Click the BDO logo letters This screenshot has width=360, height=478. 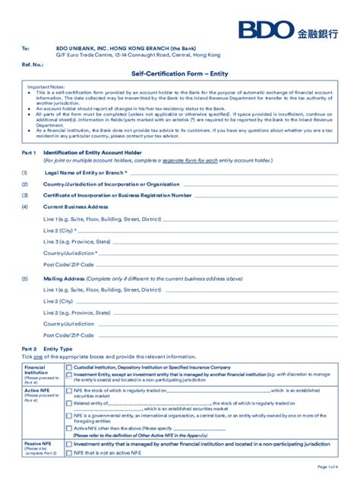(265, 30)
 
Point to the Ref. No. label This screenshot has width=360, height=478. (33, 65)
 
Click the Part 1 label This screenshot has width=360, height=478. (30, 153)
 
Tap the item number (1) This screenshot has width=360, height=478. (25, 172)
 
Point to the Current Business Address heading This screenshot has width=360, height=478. (75, 206)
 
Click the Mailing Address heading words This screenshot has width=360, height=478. (63, 278)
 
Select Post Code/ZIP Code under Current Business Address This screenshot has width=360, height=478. (68, 264)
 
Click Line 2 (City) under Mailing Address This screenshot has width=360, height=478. (63, 301)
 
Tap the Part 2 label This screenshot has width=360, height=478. (30, 347)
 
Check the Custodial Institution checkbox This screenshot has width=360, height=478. (69, 366)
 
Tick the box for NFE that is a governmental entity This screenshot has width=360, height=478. (69, 415)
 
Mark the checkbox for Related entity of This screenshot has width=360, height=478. (69, 403)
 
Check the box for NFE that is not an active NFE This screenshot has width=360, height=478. (69, 452)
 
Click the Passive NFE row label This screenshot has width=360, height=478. (38, 442)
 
